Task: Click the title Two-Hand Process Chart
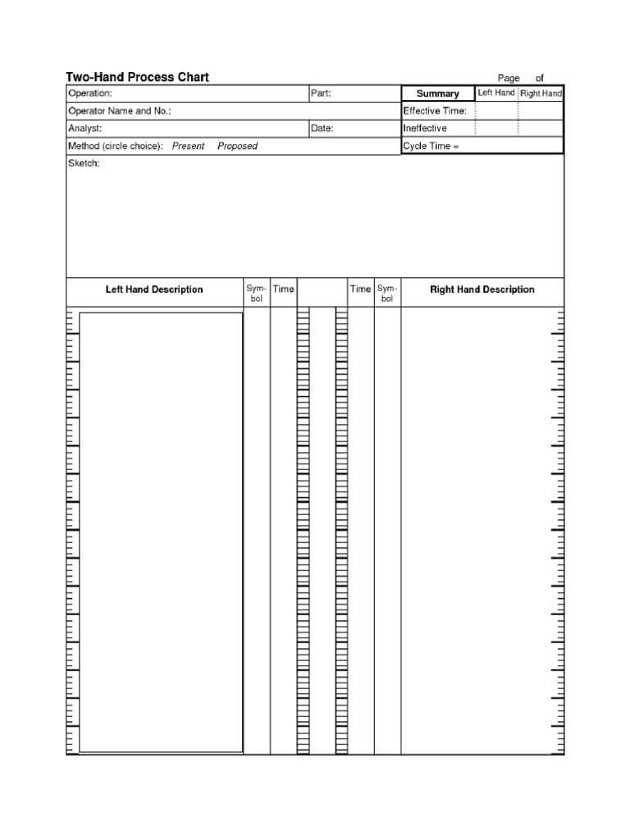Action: (137, 77)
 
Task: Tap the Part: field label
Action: (320, 94)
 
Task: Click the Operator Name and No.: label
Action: (119, 111)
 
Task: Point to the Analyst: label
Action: (84, 129)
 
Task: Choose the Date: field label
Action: (322, 129)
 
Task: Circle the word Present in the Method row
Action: (188, 146)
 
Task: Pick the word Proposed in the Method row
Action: (237, 146)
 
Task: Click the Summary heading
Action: (437, 94)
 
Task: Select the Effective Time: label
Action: (434, 111)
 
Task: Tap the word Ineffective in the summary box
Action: (424, 129)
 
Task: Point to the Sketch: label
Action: (84, 163)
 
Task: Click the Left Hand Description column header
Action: (154, 290)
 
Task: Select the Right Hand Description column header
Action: (482, 290)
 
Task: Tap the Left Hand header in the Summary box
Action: (496, 93)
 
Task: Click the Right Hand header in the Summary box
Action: (541, 94)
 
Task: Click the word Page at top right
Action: (509, 78)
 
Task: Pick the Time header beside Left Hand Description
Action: (283, 289)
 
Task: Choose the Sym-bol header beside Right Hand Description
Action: (386, 294)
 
